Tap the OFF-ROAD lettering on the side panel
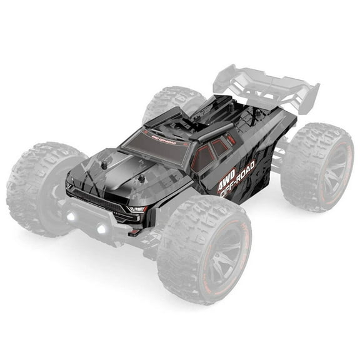coord(239,181)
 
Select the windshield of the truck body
coord(156,147)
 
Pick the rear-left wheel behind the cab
coord(172,103)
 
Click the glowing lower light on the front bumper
coord(100,229)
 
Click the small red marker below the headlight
coord(133,231)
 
